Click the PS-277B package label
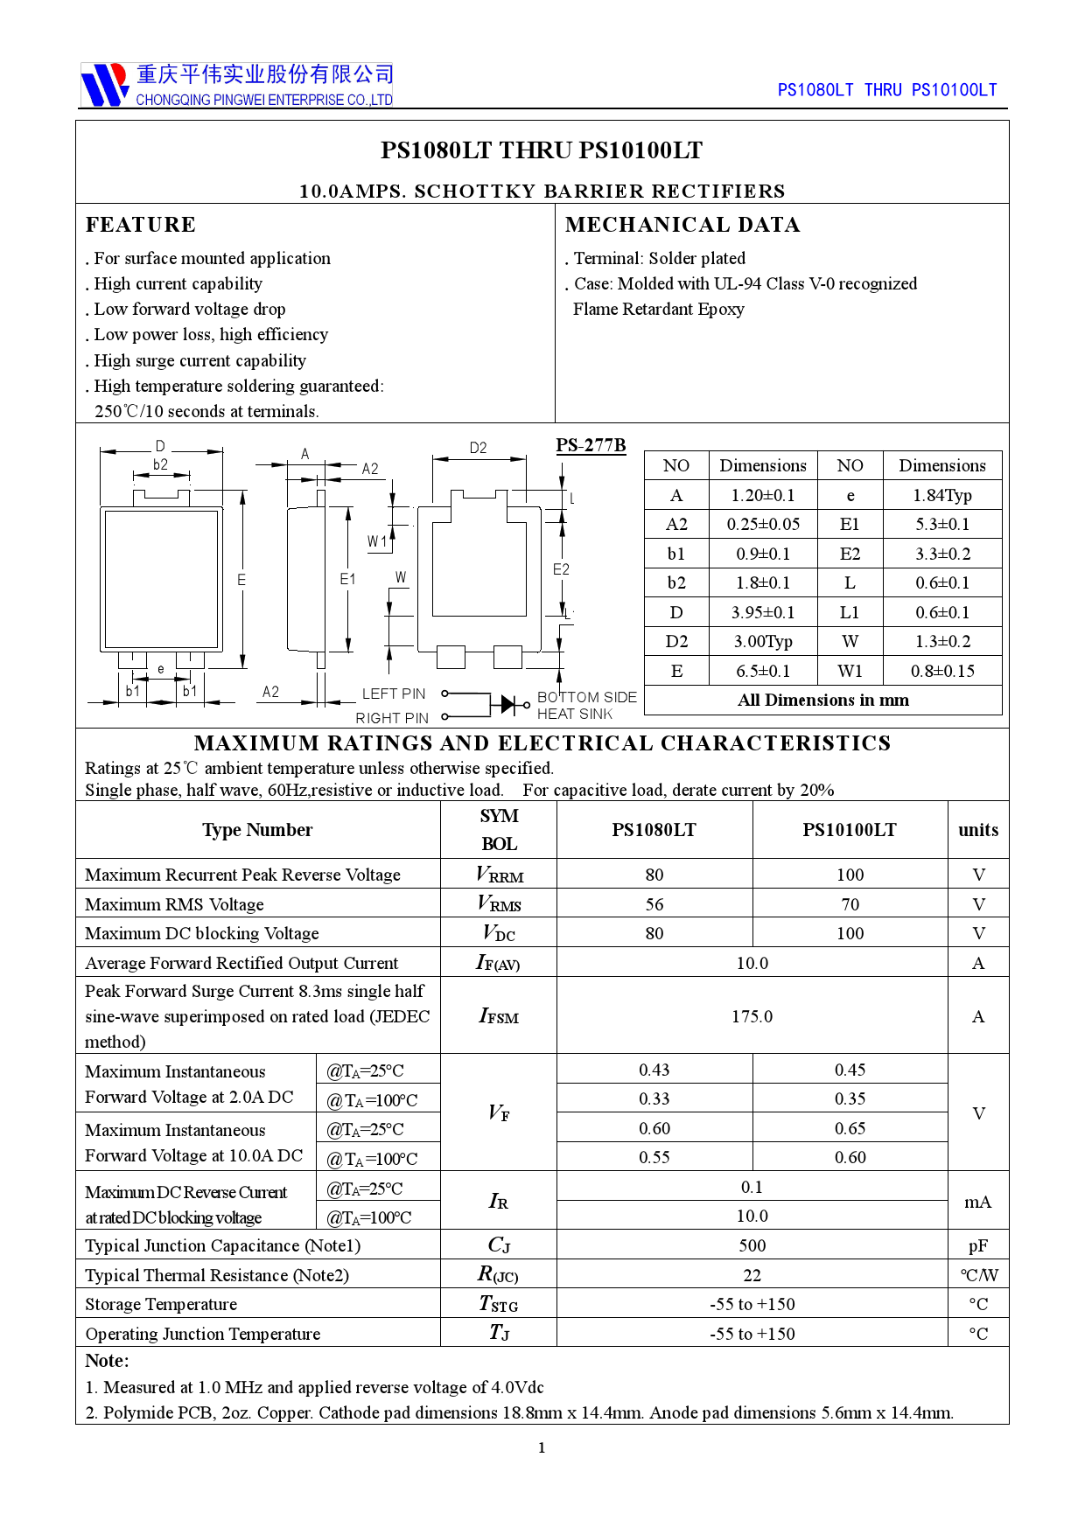tap(591, 445)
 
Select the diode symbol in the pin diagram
tap(507, 704)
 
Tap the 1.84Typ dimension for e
tap(941, 495)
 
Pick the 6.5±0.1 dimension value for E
tap(762, 671)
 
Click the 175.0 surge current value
tap(752, 1016)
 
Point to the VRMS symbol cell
tap(499, 903)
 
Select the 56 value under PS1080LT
tap(654, 904)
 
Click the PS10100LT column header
tap(849, 830)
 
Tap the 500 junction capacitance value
tap(752, 1245)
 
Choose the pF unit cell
tap(977, 1245)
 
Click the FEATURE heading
tap(141, 225)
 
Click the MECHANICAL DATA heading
tap(682, 225)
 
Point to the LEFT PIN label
tap(394, 694)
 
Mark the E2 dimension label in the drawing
tap(561, 569)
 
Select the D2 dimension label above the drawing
tap(478, 448)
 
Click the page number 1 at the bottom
tap(542, 1447)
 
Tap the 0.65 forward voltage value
tap(849, 1128)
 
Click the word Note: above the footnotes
tap(107, 1361)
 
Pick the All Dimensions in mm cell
tap(822, 700)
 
